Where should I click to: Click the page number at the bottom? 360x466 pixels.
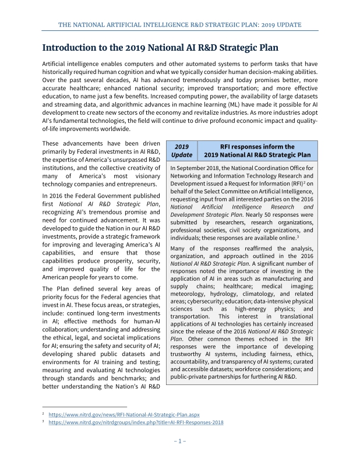pyautogui.click(x=180, y=441)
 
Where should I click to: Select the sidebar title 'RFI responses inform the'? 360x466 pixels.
pyautogui.click(x=257, y=147)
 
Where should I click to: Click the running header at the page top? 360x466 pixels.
pyautogui.click(x=180, y=25)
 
